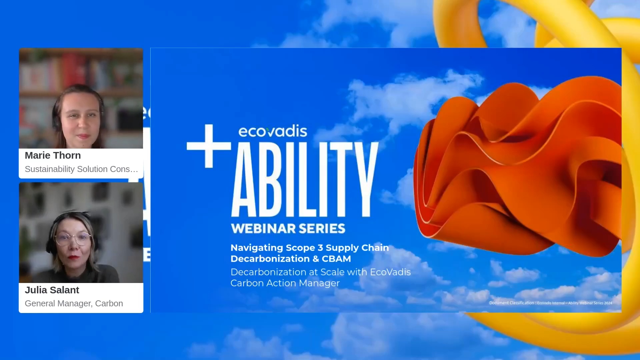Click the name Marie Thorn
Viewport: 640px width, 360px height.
pos(53,155)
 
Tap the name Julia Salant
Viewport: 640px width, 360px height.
pos(52,290)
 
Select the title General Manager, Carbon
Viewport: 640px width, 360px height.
pos(74,303)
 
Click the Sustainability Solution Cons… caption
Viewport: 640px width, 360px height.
pos(81,169)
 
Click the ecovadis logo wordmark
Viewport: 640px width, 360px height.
pos(273,131)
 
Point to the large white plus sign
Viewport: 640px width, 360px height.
pos(209,146)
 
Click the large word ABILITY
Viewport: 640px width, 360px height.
pos(305,180)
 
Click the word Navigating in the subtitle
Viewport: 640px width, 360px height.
pos(257,248)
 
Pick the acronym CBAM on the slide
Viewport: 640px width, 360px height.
pos(336,259)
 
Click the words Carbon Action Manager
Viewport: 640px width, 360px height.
pos(285,283)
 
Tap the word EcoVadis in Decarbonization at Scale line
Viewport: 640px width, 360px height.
pos(390,272)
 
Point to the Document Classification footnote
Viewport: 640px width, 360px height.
pos(550,303)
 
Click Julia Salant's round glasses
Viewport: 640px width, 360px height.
pos(73,238)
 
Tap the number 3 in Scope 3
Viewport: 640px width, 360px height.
pos(320,248)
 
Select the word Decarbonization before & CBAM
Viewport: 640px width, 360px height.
pos(270,259)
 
